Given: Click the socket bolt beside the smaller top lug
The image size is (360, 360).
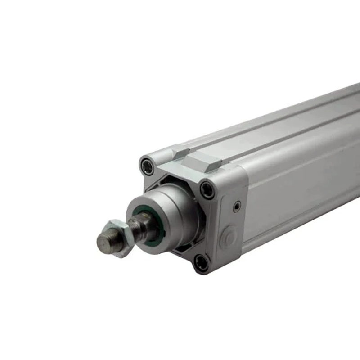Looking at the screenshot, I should tap(147, 166).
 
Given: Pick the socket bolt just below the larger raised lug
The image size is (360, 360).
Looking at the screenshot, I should tap(207, 189).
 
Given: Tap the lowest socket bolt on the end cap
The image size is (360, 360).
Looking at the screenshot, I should tap(201, 262).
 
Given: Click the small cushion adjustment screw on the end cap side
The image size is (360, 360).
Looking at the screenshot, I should tap(237, 206).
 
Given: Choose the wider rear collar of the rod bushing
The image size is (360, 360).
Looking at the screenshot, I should tap(180, 202).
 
